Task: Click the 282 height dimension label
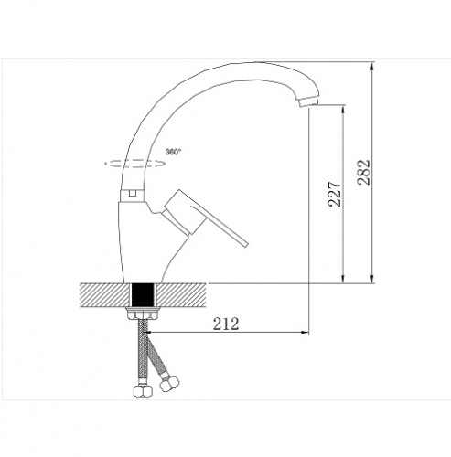363,172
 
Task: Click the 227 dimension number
335,194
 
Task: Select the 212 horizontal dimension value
226,324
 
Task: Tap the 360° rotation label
173,152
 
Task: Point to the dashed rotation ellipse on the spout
134,164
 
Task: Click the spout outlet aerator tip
309,101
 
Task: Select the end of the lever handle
245,243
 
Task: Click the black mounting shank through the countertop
143,295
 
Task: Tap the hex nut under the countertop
143,314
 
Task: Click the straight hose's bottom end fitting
142,391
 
